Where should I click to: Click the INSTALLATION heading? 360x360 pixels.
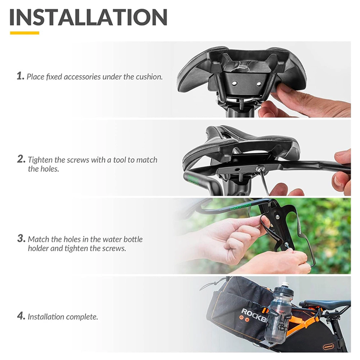click(x=88, y=17)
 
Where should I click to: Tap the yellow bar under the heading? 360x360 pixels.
click(x=24, y=33)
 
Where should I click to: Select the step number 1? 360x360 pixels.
click(x=20, y=76)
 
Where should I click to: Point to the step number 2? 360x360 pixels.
click(x=21, y=159)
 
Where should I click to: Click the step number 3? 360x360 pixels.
click(x=21, y=238)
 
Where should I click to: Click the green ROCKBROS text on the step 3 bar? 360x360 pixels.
click(x=240, y=208)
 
